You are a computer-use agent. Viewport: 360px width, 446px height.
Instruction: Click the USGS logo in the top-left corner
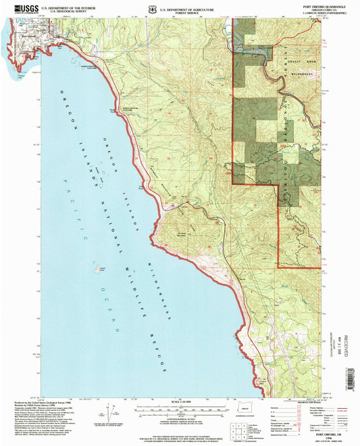pos(20,9)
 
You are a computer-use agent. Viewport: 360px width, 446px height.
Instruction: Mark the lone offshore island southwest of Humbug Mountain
pos(102,269)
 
